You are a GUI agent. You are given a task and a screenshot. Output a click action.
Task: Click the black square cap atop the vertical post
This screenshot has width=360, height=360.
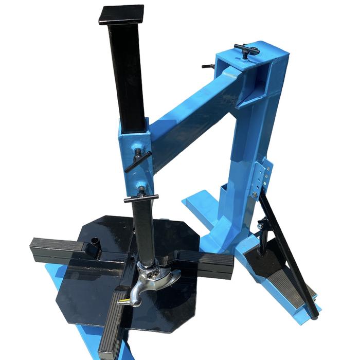coord(121,14)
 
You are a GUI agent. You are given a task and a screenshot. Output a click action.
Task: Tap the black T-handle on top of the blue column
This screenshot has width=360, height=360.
coord(246,49)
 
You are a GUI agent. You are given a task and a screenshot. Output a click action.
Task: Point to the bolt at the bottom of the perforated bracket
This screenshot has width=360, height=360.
coord(255,194)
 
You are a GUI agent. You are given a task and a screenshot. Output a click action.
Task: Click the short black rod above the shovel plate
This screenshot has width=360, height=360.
coord(262,237)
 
